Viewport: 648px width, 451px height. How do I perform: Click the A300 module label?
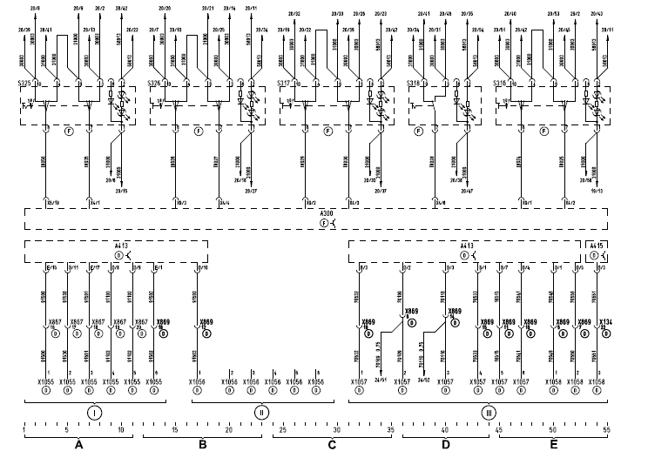tap(326, 213)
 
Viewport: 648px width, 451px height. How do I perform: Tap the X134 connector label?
tap(604, 322)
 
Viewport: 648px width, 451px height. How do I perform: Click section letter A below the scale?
tap(78, 444)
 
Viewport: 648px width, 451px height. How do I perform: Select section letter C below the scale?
tap(332, 444)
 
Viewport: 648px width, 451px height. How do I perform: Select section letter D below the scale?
tap(446, 444)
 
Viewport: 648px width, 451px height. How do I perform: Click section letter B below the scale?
tap(202, 444)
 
